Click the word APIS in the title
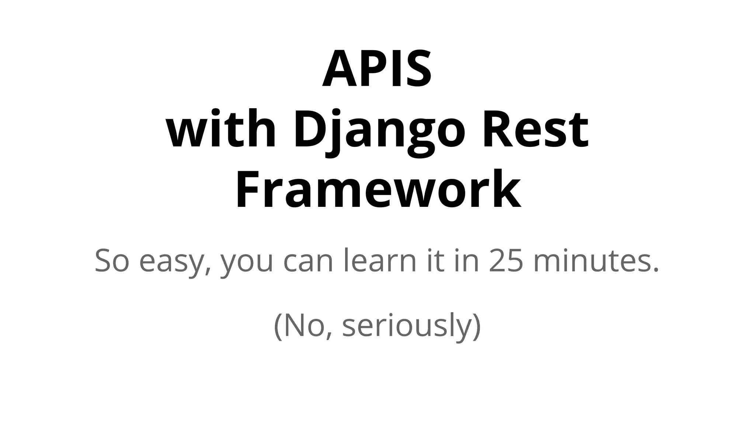pos(377,69)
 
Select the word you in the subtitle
pos(247,262)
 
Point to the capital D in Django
pos(308,130)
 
